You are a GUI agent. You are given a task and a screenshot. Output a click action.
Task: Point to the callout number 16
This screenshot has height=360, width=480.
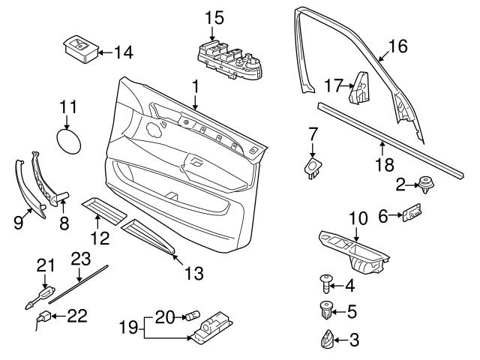tap(397, 47)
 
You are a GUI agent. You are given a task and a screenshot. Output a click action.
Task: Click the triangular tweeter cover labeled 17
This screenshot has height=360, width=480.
tap(361, 88)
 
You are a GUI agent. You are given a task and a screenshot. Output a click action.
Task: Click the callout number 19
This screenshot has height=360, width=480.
tap(130, 327)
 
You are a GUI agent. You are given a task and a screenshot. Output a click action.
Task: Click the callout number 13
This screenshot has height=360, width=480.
tap(193, 274)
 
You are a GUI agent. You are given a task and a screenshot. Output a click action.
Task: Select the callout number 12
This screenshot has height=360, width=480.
tap(100, 238)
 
